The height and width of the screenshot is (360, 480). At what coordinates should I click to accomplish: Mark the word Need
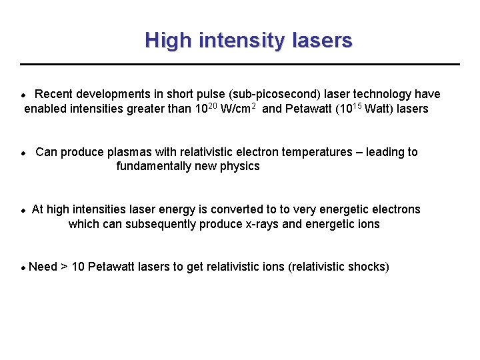pyautogui.click(x=43, y=267)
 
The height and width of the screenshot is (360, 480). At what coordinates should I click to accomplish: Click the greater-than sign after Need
pyautogui.click(x=64, y=267)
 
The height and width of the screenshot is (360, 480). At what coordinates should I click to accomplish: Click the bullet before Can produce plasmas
pyautogui.click(x=23, y=153)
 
